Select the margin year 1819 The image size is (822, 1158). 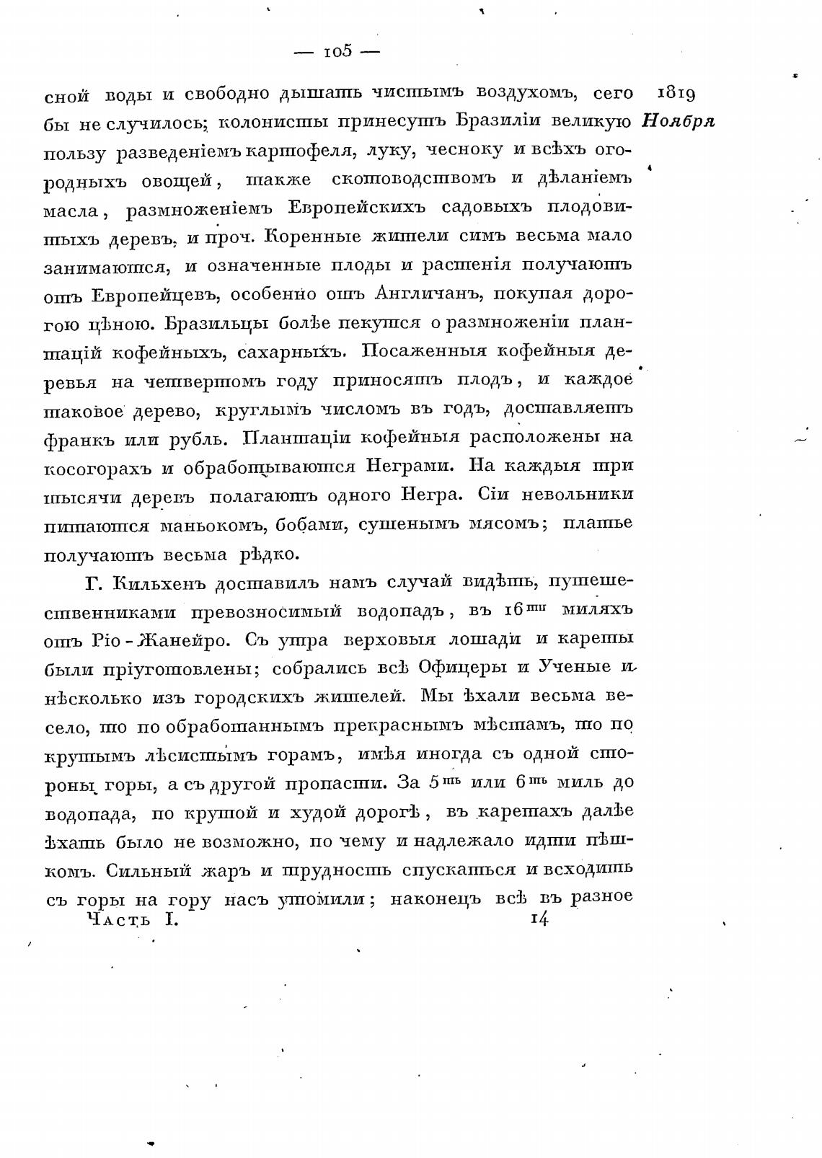point(676,94)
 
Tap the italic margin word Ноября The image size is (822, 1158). point(678,121)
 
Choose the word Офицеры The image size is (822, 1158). point(464,667)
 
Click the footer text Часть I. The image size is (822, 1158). point(131,919)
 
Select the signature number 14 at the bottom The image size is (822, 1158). point(539,919)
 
